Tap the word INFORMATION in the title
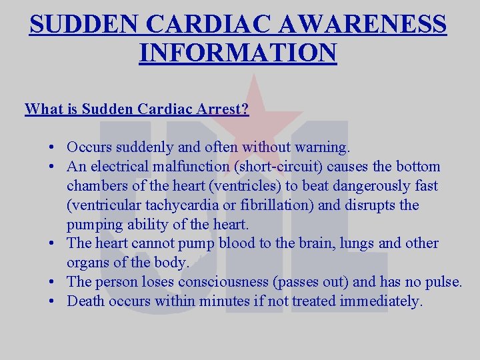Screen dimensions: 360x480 click(238, 52)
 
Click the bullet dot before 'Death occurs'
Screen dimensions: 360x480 click(51, 301)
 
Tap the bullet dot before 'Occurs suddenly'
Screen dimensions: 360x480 click(51, 147)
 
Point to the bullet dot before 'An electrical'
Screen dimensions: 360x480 click(51, 167)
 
